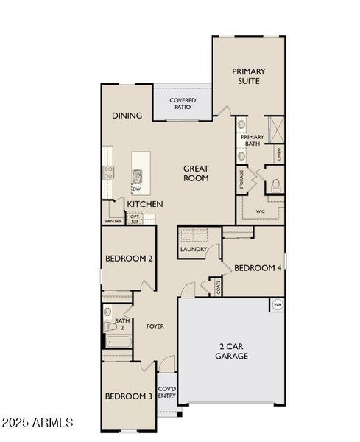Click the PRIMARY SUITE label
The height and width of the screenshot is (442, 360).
tap(249, 77)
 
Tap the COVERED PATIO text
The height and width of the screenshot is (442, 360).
tap(181, 103)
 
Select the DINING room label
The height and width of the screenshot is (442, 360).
tap(127, 116)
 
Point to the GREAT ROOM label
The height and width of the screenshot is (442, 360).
tap(196, 173)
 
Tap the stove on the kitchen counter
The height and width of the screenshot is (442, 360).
tap(107, 174)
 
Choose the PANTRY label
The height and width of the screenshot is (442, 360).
tap(113, 221)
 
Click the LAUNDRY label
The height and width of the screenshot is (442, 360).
tap(193, 249)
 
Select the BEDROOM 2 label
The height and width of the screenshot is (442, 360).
tap(130, 259)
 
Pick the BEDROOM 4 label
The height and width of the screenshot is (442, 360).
tap(258, 268)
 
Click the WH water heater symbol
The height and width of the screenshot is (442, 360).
tap(277, 304)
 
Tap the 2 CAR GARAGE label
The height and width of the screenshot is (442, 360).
tap(233, 351)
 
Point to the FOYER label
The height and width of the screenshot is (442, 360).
tap(155, 326)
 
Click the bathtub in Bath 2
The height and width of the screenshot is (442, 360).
tap(116, 341)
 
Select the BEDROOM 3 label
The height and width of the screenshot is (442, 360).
tap(128, 396)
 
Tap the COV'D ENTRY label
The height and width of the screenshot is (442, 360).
tap(166, 392)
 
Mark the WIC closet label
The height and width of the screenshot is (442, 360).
tap(259, 211)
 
